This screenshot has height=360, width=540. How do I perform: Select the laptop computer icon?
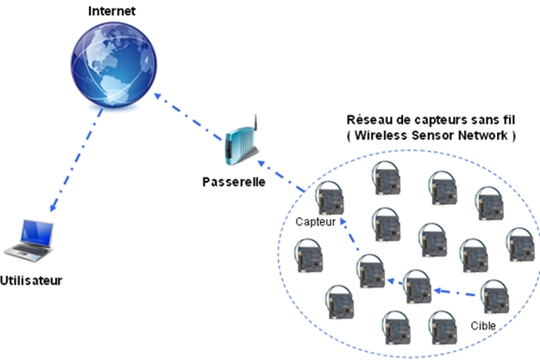click(31, 240)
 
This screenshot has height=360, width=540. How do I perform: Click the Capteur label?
click(315, 221)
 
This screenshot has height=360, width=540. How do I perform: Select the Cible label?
click(484, 323)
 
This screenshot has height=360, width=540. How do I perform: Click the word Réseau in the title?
click(365, 121)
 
